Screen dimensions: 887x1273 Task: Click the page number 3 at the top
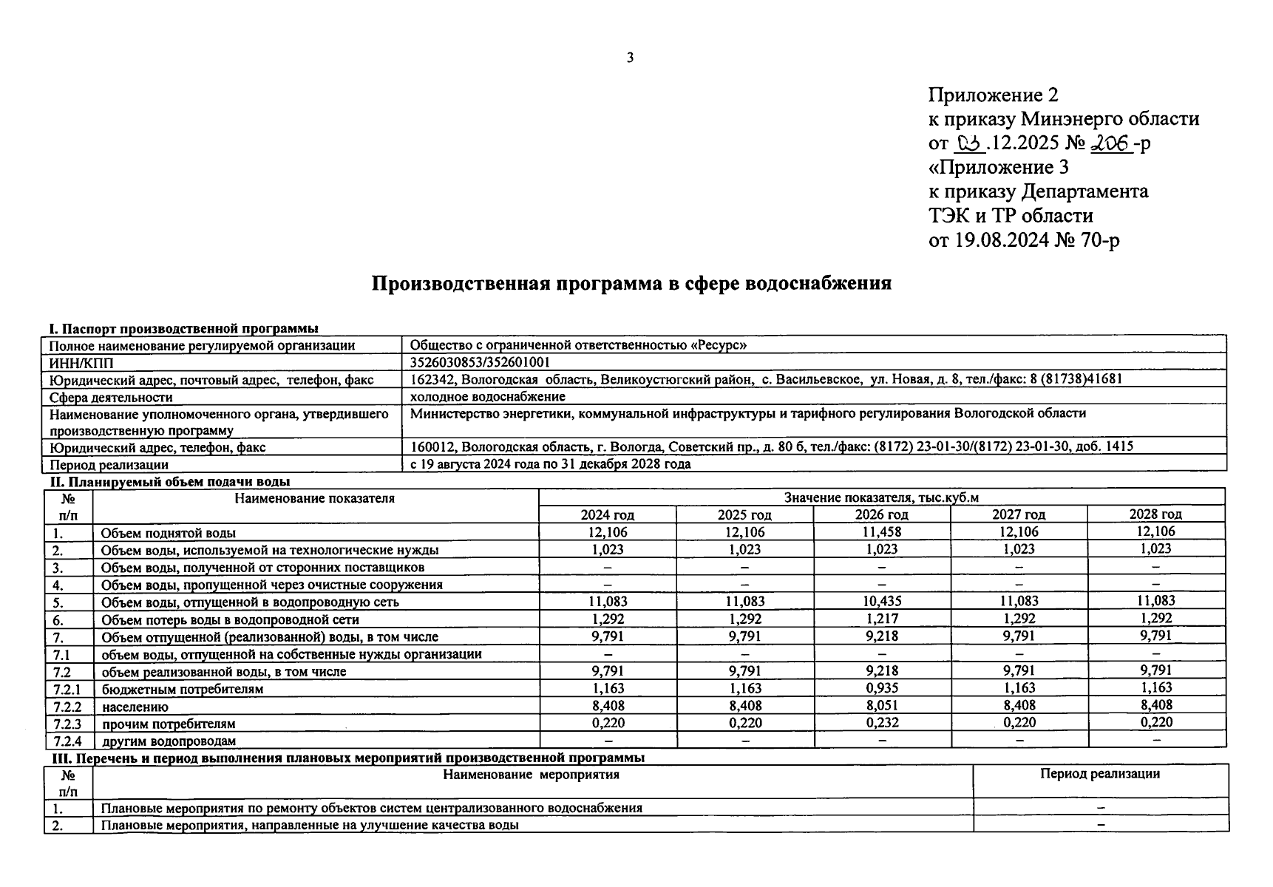pyautogui.click(x=630, y=58)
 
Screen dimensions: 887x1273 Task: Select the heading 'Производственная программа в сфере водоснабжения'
pyautogui.click(x=631, y=284)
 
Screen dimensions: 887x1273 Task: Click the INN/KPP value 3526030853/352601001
pyautogui.click(x=480, y=362)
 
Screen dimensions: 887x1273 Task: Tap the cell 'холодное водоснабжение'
pyautogui.click(x=487, y=397)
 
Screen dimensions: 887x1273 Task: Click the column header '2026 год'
pyautogui.click(x=881, y=514)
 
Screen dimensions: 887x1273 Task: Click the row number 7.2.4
pyautogui.click(x=68, y=741)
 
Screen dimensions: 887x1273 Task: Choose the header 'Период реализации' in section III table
pyautogui.click(x=1099, y=774)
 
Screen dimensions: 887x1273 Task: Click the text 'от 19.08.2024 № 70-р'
pyautogui.click(x=1023, y=240)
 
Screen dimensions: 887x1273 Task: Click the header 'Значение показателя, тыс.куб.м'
pyautogui.click(x=881, y=497)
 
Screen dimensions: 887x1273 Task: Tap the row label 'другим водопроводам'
pyautogui.click(x=169, y=741)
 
